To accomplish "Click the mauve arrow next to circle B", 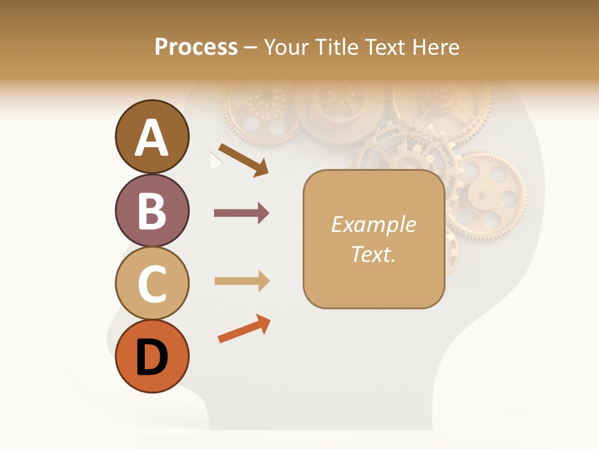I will [x=241, y=213].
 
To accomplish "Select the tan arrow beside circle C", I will [x=241, y=281].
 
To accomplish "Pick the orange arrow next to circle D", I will [x=244, y=329].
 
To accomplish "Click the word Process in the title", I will [x=196, y=47].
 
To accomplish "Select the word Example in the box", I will [x=373, y=224].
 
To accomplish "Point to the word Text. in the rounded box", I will [x=373, y=254].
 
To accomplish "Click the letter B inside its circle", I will [x=152, y=211].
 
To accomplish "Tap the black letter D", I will [x=152, y=357].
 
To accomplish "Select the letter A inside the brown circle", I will [x=152, y=137].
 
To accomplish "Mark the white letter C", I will [x=152, y=284].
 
